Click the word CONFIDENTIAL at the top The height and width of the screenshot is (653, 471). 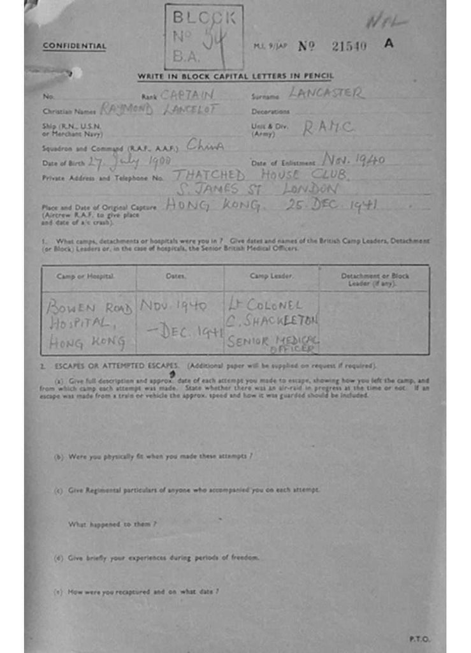point(74,46)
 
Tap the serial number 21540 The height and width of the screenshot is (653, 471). point(349,46)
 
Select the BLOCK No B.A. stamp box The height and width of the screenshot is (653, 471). point(203,37)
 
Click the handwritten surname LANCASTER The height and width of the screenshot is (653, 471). point(326,93)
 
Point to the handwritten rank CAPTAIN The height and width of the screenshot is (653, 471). point(186,95)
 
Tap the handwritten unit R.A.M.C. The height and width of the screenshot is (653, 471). point(328,128)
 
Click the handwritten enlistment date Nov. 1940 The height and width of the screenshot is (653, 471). point(352,159)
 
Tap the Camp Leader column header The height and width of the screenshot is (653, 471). point(272,276)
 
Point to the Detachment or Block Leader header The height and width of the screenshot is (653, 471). point(375,279)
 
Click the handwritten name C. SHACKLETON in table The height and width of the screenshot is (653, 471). point(272,320)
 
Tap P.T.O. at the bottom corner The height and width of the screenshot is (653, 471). point(419,638)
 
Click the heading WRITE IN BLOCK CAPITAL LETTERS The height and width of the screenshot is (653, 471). point(235,77)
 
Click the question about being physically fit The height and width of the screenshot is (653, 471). point(154,456)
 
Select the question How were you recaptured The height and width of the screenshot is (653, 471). point(137,591)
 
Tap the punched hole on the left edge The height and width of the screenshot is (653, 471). point(76,73)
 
